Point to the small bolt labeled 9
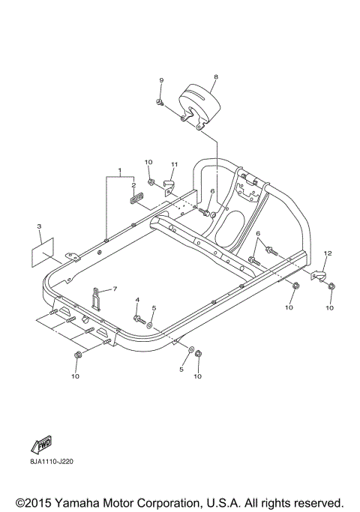pyautogui.click(x=160, y=100)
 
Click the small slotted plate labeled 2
pyautogui.click(x=135, y=199)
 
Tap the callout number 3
pyautogui.click(x=39, y=226)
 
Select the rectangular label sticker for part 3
pyautogui.click(x=43, y=253)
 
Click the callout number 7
pyautogui.click(x=115, y=288)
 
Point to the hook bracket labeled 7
pyautogui.click(x=97, y=298)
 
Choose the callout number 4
pyautogui.click(x=137, y=300)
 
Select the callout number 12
pyautogui.click(x=326, y=253)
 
